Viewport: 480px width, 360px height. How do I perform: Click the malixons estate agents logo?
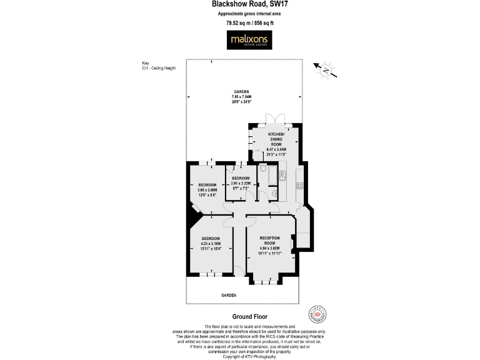pyautogui.click(x=249, y=41)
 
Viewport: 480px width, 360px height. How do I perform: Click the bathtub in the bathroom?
pyautogui.click(x=272, y=177)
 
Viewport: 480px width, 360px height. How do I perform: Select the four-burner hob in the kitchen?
pyautogui.click(x=299, y=185)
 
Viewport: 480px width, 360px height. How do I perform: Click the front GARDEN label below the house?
pyautogui.click(x=229, y=294)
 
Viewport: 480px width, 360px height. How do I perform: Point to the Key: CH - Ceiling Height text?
pyautogui.click(x=159, y=65)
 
